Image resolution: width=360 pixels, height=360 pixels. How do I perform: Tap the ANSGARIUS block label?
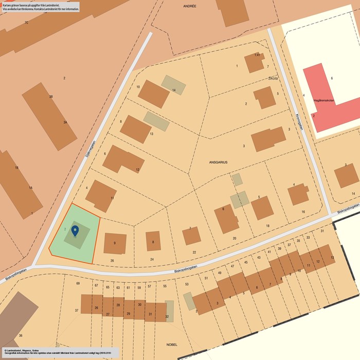[218, 162]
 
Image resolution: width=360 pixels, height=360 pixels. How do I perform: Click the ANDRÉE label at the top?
[190, 6]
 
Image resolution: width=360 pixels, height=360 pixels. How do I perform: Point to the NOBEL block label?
[172, 345]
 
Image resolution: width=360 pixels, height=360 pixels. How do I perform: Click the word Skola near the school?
[273, 79]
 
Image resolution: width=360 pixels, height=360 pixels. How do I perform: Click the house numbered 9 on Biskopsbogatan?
[115, 243]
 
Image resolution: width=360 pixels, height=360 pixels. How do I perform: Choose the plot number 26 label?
[112, 261]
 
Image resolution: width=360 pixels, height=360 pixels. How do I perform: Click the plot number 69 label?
[78, 284]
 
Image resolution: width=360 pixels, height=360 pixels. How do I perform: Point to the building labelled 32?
[169, 311]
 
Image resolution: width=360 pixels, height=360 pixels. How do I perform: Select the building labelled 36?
[17, 314]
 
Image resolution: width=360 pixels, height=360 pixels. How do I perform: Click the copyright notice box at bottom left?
[60, 352]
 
